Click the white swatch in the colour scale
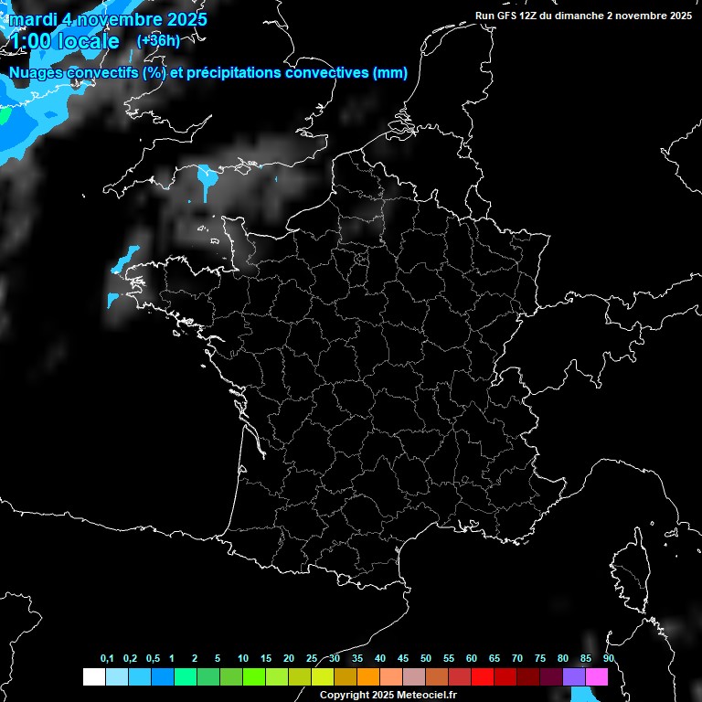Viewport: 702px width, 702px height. [93, 676]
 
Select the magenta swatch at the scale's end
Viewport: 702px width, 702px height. [597, 676]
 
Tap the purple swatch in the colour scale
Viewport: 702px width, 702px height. [574, 676]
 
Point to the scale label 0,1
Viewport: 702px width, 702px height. [107, 659]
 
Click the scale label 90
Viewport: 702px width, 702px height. [608, 659]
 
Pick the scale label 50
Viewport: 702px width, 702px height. [426, 659]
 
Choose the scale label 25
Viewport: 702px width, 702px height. [312, 659]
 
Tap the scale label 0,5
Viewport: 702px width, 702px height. [153, 659]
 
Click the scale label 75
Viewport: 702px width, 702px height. [539, 659]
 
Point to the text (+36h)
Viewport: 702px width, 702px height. [158, 40]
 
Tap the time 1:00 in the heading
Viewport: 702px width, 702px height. [30, 42]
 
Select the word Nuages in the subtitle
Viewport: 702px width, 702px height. [37, 73]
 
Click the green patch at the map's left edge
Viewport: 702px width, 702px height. [4, 116]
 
